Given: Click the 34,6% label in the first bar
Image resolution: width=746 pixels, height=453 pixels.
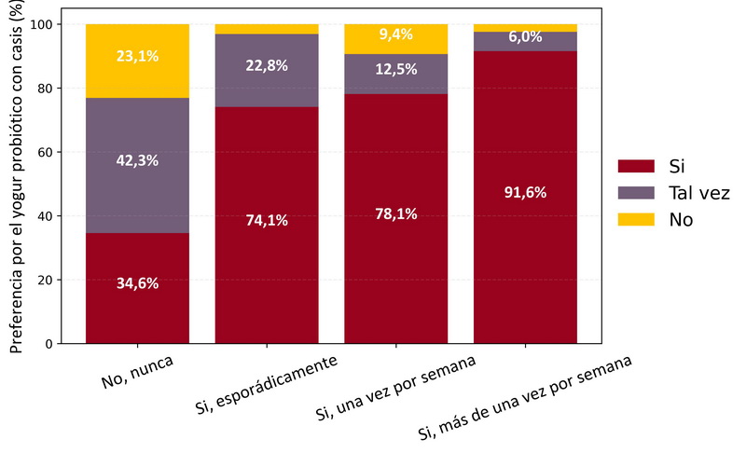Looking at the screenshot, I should [137, 283].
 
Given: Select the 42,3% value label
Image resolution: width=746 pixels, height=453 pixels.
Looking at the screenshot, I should [137, 160].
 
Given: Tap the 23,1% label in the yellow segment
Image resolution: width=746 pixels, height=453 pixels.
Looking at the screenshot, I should [137, 56].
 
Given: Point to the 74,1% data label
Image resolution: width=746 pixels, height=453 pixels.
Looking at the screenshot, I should [267, 221].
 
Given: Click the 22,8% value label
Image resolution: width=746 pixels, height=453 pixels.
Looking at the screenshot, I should [267, 66].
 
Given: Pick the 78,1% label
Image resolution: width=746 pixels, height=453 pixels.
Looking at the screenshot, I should [396, 213].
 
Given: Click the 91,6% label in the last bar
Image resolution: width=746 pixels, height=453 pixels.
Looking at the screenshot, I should [525, 193].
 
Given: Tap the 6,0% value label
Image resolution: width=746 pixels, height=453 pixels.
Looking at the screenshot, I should [525, 38].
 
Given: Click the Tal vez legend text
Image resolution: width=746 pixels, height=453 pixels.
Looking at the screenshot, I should [698, 193].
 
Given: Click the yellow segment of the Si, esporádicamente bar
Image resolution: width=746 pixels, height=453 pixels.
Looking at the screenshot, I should [267, 29].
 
